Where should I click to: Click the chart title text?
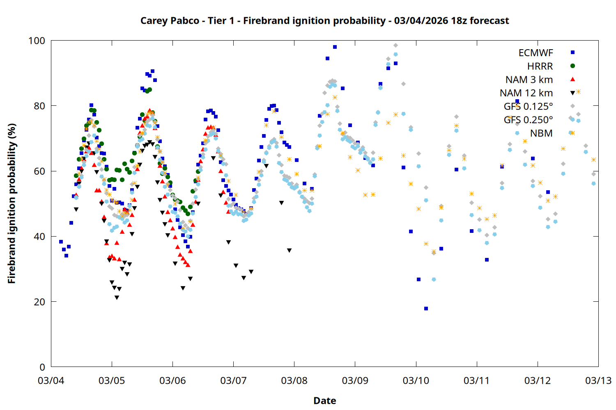[324, 20]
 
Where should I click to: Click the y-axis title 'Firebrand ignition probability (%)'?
[11, 203]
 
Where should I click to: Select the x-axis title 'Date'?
[324, 401]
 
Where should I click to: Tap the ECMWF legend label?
[536, 53]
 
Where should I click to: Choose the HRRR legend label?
[540, 66]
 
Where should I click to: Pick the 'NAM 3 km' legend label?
[529, 80]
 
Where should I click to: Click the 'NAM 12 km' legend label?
[526, 93]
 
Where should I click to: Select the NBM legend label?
[541, 133]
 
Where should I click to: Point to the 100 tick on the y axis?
[37, 41]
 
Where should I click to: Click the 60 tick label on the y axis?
[39, 171]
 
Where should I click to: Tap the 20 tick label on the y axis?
[39, 302]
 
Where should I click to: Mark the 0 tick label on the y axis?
[42, 367]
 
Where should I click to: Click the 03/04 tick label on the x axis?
[51, 380]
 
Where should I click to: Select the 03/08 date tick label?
[294, 380]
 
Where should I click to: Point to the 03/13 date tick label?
[598, 380]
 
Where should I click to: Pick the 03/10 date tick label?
[416, 380]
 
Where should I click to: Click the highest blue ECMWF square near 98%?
[335, 47]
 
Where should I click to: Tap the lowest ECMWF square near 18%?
[426, 308]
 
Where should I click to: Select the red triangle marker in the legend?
[572, 80]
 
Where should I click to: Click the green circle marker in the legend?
[572, 66]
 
